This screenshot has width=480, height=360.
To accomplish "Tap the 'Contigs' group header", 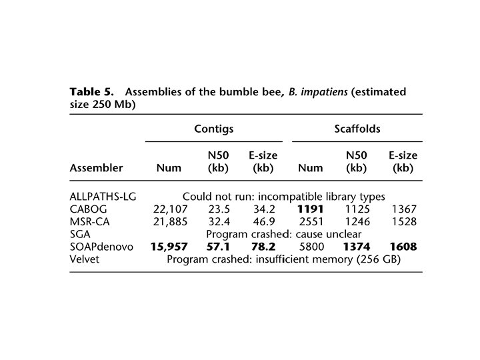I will click(x=213, y=129).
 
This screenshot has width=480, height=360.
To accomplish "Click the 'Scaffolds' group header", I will click(x=357, y=129).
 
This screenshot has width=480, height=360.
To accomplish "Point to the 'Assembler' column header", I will click(x=96, y=168).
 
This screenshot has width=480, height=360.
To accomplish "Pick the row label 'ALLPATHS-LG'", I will click(x=102, y=197).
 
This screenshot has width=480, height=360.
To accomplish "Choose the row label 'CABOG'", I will click(x=89, y=209).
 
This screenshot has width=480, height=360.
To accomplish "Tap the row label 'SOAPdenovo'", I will click(x=101, y=247).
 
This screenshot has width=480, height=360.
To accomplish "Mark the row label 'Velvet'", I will click(x=85, y=259).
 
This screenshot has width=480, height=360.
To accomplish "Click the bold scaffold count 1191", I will click(x=311, y=209).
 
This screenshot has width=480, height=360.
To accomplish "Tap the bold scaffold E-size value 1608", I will click(x=403, y=247).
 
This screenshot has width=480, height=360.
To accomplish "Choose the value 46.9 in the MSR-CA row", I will click(x=263, y=222).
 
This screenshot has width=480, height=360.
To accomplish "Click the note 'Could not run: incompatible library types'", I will click(x=284, y=197).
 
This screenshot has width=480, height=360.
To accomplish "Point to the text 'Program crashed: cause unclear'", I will click(x=284, y=234).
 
